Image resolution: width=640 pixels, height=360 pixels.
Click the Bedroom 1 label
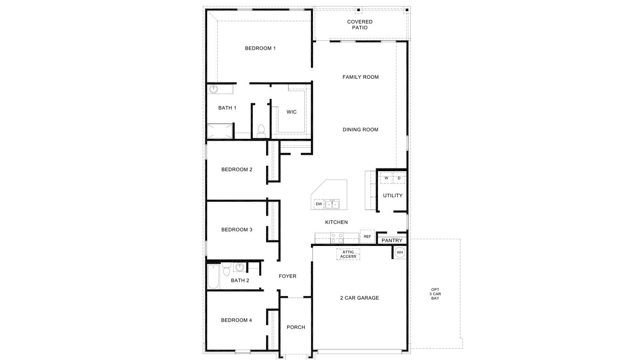point(260,48)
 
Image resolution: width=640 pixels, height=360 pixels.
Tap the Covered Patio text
point(360,25)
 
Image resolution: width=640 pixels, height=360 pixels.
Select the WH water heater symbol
point(400,252)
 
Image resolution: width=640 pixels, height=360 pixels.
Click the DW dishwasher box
point(319,204)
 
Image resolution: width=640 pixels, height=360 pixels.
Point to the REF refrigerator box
point(367,237)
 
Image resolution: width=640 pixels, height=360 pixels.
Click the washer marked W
point(386,178)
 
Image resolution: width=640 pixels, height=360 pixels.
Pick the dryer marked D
point(399,178)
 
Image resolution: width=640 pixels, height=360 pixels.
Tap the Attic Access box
point(348,254)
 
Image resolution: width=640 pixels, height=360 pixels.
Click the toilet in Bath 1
point(261,131)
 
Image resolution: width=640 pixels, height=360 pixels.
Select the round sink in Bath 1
point(214,89)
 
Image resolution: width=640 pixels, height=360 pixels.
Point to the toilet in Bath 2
point(226,270)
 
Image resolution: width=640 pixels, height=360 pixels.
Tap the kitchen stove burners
point(337,238)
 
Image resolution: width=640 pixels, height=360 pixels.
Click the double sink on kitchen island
point(332,204)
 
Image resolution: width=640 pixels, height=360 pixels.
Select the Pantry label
point(392,240)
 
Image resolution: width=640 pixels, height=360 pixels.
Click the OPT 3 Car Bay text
point(435,294)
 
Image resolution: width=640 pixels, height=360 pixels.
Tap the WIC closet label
point(292,112)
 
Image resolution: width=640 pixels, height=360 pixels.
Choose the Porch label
point(296,327)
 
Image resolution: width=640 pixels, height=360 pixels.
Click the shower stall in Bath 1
point(219,131)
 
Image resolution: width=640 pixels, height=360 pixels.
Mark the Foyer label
point(288,276)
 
